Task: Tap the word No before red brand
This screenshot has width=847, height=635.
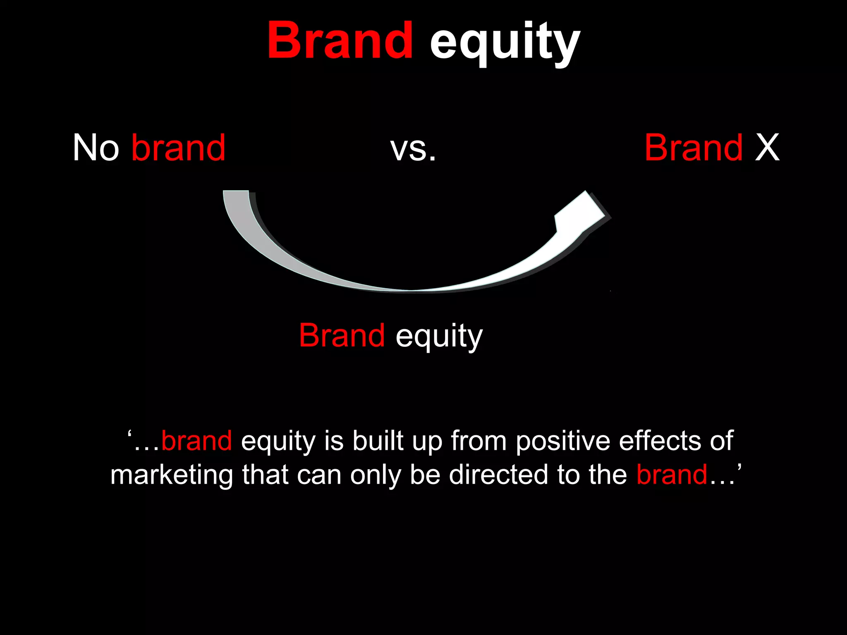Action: [96, 148]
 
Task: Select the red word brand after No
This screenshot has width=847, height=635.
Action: [178, 148]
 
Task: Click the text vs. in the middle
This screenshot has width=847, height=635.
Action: [413, 149]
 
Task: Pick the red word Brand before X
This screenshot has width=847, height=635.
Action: [694, 148]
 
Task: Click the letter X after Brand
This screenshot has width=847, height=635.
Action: [767, 148]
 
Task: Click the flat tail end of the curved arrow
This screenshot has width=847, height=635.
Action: [236, 193]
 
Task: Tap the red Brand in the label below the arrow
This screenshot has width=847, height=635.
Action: [342, 335]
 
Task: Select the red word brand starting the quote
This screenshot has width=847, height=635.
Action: [196, 441]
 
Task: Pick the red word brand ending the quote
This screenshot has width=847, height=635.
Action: [672, 475]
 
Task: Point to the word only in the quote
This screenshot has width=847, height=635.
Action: [376, 475]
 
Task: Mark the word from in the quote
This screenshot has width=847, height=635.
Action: [479, 441]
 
